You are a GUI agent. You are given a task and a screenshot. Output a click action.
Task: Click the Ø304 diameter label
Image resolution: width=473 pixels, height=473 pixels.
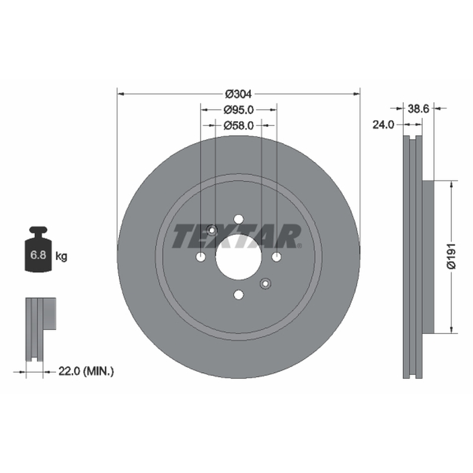(238, 94)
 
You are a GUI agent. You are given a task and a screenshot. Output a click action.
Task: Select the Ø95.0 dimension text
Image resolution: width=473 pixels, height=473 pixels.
(239, 110)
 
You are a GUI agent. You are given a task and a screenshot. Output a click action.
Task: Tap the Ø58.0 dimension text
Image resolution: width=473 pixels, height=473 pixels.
(239, 125)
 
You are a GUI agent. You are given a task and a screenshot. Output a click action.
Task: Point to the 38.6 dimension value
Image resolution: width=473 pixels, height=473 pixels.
(418, 109)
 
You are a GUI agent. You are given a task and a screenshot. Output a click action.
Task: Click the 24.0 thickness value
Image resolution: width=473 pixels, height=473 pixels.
(383, 125)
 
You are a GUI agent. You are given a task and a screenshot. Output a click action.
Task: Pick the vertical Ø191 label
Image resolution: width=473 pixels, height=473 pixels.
(452, 256)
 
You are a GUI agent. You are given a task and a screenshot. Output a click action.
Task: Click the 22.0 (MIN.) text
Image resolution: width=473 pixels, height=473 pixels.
(86, 371)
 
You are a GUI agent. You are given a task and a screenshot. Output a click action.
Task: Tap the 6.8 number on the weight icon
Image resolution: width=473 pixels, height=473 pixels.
(38, 255)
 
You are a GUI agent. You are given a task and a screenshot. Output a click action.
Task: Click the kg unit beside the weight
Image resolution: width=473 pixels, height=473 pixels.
(61, 257)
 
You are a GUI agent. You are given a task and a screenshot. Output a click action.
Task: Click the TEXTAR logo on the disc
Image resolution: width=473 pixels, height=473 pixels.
(237, 236)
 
